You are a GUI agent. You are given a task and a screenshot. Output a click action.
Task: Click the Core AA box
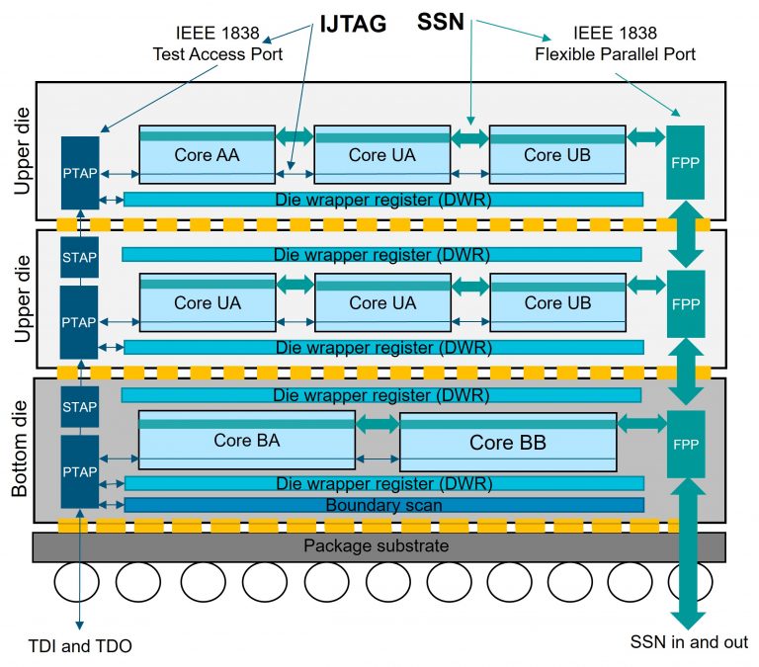point(206,154)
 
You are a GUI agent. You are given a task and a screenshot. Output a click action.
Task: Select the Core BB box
point(507,442)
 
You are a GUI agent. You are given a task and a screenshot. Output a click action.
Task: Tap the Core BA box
point(246,440)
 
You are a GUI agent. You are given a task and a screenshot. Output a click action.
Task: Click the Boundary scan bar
point(382,505)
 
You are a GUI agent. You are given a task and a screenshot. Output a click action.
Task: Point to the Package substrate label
point(377,545)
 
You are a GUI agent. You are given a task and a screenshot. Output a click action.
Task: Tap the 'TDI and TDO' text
point(80,646)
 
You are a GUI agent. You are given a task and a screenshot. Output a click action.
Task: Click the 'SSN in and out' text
point(689,640)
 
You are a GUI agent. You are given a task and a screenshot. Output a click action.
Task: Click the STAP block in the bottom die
point(79,407)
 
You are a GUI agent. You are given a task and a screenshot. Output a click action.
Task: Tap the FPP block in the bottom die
point(685,446)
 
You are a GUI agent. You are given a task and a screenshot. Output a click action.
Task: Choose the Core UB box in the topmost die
point(556,154)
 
